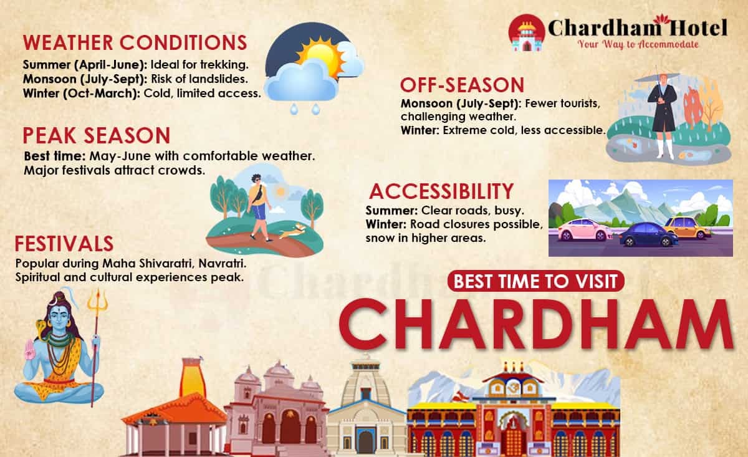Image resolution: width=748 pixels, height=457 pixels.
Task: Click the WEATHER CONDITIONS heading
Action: tap(135, 43)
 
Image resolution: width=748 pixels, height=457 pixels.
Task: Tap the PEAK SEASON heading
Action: tap(96, 135)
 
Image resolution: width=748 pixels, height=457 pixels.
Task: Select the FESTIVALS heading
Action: tap(64, 243)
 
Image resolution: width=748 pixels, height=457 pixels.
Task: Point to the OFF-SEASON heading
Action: tap(462, 85)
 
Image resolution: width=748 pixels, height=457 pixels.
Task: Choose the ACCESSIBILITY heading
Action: tap(441, 191)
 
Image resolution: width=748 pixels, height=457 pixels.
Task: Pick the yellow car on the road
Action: tap(687, 228)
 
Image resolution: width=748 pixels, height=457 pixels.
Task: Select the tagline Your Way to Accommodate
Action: tap(638, 44)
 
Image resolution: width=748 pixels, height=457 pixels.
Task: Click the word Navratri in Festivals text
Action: tap(215, 263)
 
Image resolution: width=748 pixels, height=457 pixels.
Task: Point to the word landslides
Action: tap(222, 79)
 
